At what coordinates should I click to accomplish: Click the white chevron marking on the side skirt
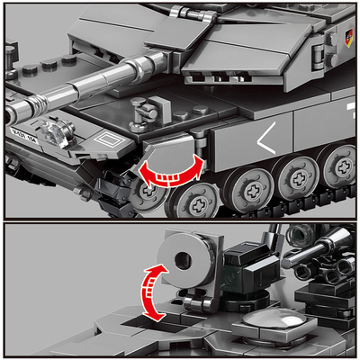267,139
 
